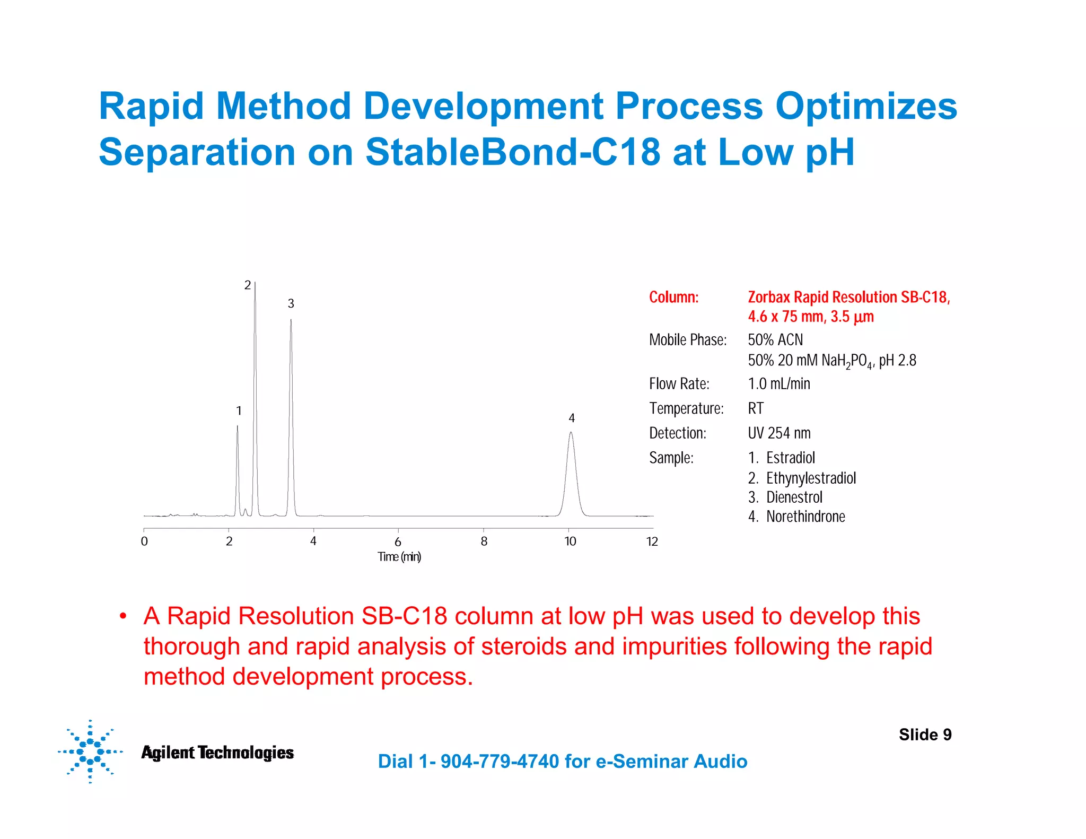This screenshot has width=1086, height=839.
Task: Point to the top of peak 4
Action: click(x=571, y=433)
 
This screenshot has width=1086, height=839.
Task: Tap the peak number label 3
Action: click(x=291, y=304)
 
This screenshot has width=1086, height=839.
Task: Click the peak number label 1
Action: click(x=239, y=411)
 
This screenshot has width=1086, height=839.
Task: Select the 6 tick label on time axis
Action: click(x=398, y=542)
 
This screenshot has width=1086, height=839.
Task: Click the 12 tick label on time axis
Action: click(x=652, y=541)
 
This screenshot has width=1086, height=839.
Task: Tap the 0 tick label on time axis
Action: click(x=144, y=541)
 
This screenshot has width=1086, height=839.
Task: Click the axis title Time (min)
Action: click(x=399, y=557)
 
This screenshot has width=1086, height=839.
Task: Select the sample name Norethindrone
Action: click(x=805, y=517)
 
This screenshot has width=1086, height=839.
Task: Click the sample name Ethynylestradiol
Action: click(x=811, y=478)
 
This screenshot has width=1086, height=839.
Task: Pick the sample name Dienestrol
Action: click(x=794, y=497)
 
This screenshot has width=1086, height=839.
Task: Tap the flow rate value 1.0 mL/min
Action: click(x=778, y=383)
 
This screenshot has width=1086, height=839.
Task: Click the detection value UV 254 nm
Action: click(x=778, y=433)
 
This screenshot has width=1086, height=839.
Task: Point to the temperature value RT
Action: click(x=755, y=408)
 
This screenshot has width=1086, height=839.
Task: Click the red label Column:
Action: click(x=673, y=297)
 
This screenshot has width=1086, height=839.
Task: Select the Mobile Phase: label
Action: click(x=687, y=340)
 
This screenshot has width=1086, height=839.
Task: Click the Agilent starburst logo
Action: click(x=90, y=751)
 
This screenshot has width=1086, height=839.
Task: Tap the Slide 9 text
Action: click(x=925, y=735)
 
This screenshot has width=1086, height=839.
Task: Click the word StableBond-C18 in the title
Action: click(x=512, y=152)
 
